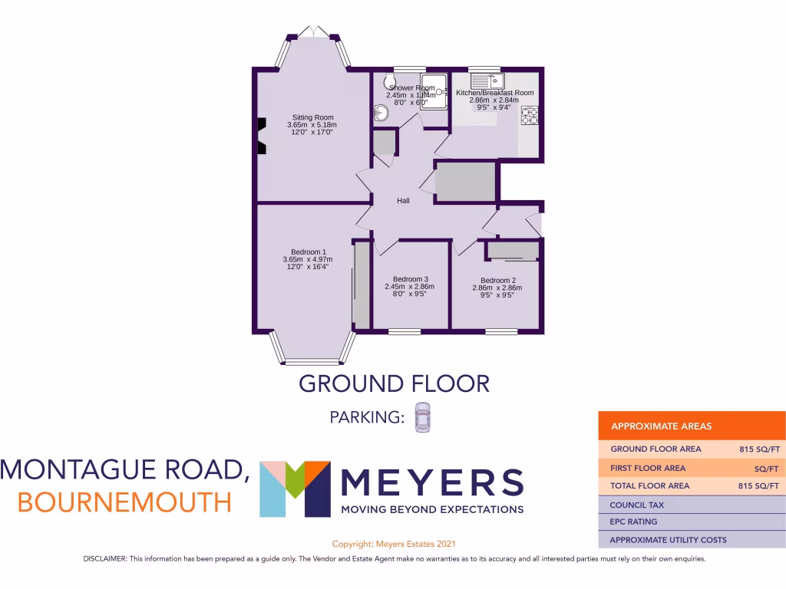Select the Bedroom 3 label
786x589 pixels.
click(410, 279)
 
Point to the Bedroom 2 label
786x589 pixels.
click(497, 281)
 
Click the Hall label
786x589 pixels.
click(403, 201)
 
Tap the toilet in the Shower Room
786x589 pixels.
click(389, 83)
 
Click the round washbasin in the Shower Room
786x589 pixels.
click(382, 114)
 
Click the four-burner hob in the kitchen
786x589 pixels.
click(530, 115)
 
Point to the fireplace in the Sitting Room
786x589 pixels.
click(261, 136)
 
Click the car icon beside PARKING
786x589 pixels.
click(423, 418)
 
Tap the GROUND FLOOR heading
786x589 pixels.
click(393, 383)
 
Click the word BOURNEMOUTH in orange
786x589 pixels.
click(124, 502)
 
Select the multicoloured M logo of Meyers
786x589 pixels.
click(295, 489)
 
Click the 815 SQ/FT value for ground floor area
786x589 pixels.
click(757, 449)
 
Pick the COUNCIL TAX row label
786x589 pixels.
click(636, 505)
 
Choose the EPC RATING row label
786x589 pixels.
click(633, 522)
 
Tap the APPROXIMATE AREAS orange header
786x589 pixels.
click(661, 426)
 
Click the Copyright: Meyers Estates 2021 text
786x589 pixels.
click(394, 543)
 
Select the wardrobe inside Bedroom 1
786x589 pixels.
click(360, 284)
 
